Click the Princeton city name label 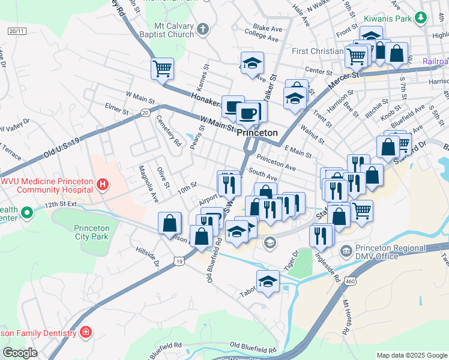(x=257, y=133)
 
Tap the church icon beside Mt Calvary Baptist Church (x=203, y=29)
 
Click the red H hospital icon (x=103, y=184)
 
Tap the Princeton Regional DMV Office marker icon (x=345, y=250)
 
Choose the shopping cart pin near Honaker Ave (x=162, y=68)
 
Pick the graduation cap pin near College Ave (x=252, y=62)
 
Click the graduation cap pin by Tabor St (x=268, y=281)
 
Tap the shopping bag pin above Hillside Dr (x=170, y=223)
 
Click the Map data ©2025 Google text (x=411, y=355)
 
